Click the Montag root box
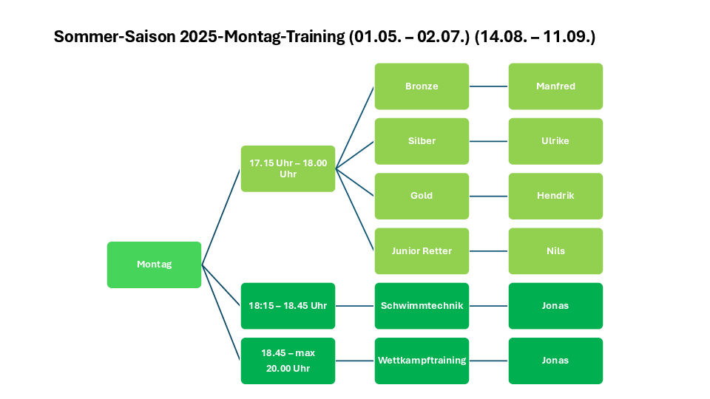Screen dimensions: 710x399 pos(154,265)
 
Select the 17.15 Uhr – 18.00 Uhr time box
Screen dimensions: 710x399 pos(288,168)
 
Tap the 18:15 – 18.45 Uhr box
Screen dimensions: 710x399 pos(288,306)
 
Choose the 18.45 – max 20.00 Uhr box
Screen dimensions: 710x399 pos(288,361)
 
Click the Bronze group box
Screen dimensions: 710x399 pos(422,86)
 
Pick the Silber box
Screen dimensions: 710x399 pos(422,141)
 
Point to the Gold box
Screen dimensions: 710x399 pos(422,197)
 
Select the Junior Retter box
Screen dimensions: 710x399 pos(422,251)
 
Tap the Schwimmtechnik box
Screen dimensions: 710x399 pos(422,306)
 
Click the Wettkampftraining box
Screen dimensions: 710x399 pos(422,361)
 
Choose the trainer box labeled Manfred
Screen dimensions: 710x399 pos(555,86)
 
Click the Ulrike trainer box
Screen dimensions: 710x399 pos(555,141)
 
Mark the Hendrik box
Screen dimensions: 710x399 pos(555,197)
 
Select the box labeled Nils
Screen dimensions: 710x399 pos(555,251)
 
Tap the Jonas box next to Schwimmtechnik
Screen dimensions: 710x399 pos(555,306)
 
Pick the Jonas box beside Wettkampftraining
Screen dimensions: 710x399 pos(555,361)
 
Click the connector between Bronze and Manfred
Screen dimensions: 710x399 pos(489,86)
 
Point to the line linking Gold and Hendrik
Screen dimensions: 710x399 pos(489,197)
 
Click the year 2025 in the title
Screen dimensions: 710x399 pos(198,37)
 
